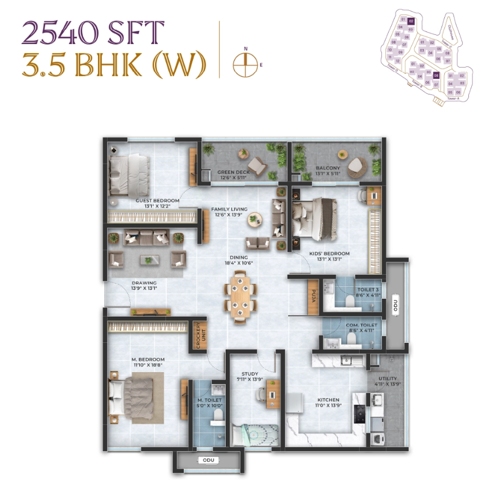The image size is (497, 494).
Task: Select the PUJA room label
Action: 313,297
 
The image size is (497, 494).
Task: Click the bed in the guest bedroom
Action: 129,175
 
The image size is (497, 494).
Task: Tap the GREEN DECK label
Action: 232,172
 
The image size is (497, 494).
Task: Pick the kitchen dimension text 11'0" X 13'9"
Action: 329,407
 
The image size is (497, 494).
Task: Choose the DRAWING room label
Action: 144,283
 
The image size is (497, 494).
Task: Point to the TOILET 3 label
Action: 366,290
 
